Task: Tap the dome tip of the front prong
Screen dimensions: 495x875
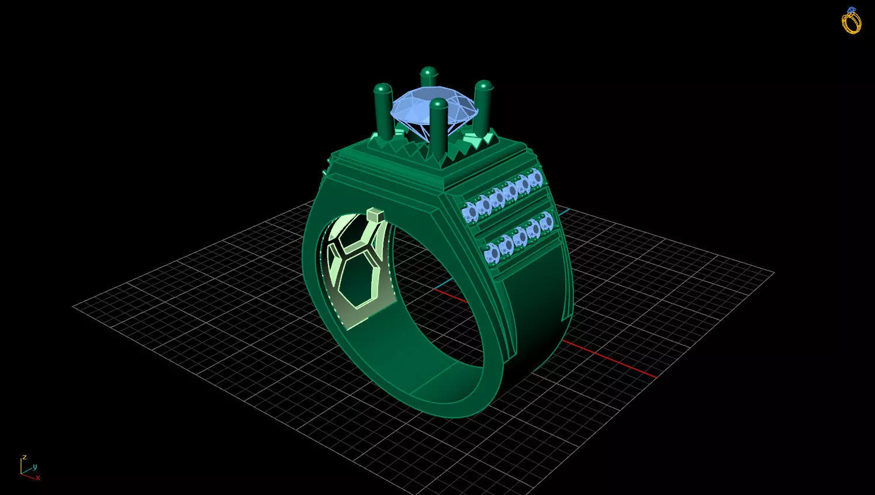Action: [438, 105]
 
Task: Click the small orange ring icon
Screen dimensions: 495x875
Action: [851, 21]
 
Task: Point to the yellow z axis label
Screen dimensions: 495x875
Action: [24, 457]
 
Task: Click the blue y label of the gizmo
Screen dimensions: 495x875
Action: [34, 466]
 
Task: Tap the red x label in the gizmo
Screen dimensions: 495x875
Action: [38, 477]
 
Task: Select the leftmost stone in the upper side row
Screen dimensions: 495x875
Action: [469, 211]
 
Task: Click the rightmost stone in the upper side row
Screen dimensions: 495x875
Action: [535, 178]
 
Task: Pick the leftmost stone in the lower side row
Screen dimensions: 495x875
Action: [492, 253]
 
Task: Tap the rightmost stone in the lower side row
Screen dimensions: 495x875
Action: [547, 221]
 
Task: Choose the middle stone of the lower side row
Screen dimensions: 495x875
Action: [519, 237]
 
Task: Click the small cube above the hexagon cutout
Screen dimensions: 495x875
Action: [375, 215]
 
